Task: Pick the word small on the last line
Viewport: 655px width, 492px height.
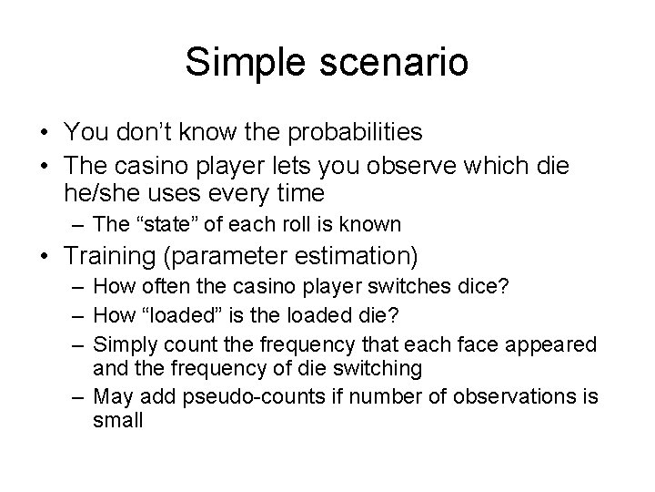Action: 118,421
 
